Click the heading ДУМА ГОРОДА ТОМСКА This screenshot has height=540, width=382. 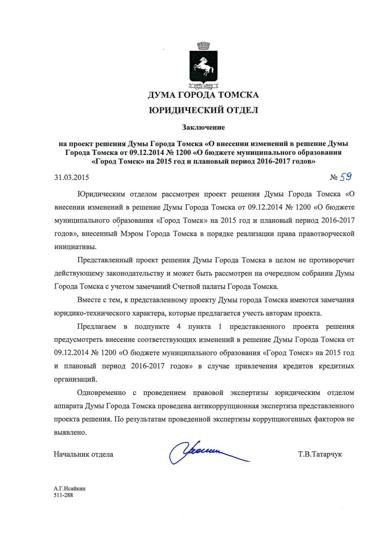point(204,95)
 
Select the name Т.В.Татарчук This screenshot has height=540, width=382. point(320,454)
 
